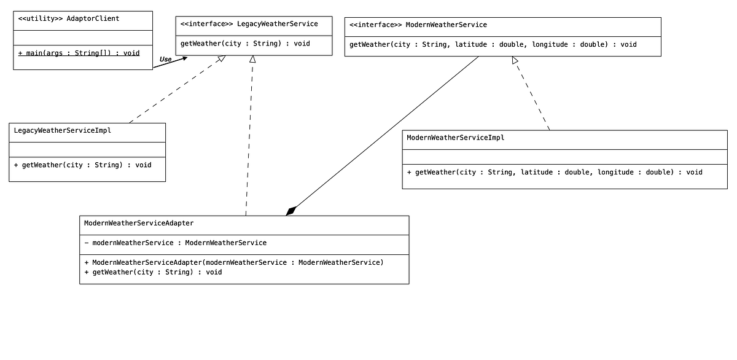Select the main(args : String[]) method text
coord(79,53)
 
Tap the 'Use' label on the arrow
coord(165,60)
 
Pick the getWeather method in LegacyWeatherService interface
coord(245,44)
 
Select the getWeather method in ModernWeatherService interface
coord(493,44)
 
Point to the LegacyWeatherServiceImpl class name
coord(62,130)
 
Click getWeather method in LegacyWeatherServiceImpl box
coord(82,165)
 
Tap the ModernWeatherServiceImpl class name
coord(455,138)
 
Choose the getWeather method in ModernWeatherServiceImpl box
coord(554,172)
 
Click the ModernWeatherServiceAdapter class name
coord(139,223)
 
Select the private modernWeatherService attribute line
coord(176,243)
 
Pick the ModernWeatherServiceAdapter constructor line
coord(234,262)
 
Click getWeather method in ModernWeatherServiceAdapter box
coord(153,272)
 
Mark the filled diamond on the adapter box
coord(291,211)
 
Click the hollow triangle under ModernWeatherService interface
coord(515,60)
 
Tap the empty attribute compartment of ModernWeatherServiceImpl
coord(564,157)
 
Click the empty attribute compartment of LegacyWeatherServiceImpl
coord(87,149)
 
